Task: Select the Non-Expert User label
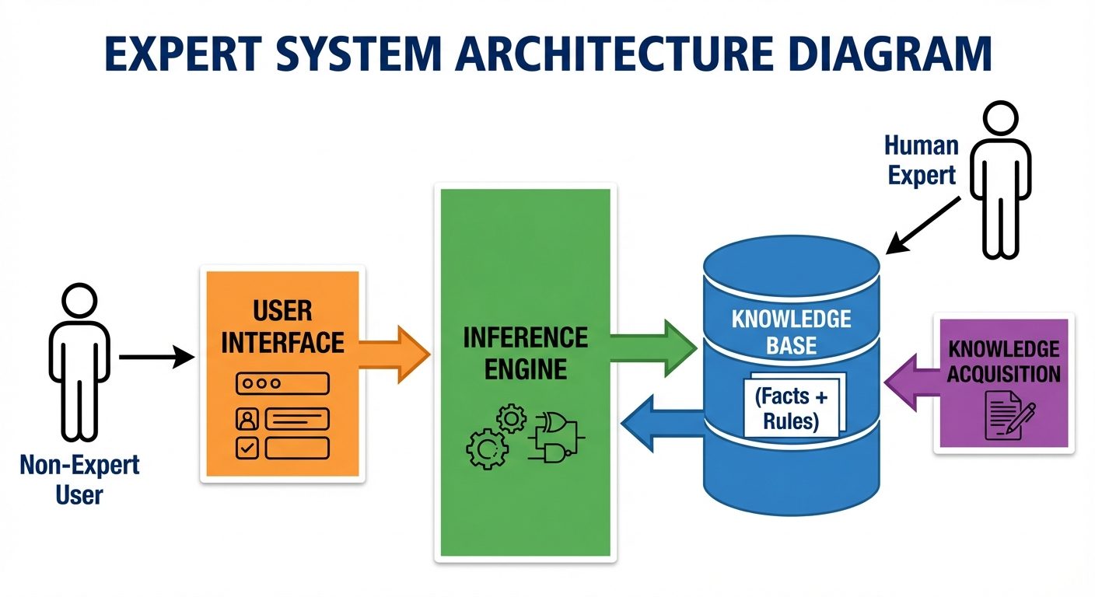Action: (79, 479)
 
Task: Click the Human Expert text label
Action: (922, 160)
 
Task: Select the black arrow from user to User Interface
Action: (156, 358)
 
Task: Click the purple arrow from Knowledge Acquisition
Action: (910, 382)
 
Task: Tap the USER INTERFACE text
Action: (282, 326)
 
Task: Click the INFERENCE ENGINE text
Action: (525, 353)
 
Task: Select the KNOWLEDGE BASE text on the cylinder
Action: (791, 332)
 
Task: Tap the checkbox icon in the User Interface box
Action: (246, 448)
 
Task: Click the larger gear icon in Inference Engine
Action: (487, 448)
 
